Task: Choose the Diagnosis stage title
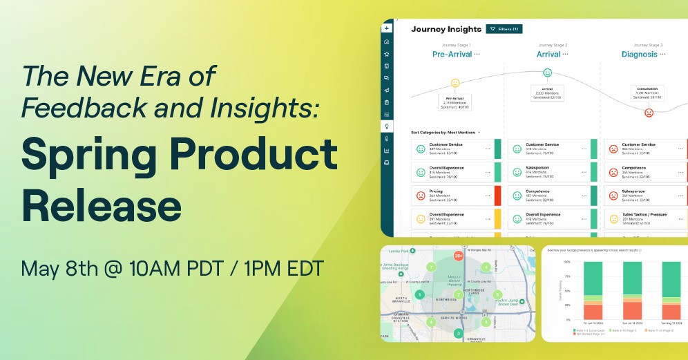639,54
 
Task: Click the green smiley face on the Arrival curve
548,72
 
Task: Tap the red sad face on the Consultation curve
649,113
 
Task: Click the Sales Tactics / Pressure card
642,219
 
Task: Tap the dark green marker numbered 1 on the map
419,295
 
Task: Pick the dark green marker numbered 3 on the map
458,333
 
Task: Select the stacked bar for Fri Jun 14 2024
584,291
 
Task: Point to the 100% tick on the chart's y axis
567,262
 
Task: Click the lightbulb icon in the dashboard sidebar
387,126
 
